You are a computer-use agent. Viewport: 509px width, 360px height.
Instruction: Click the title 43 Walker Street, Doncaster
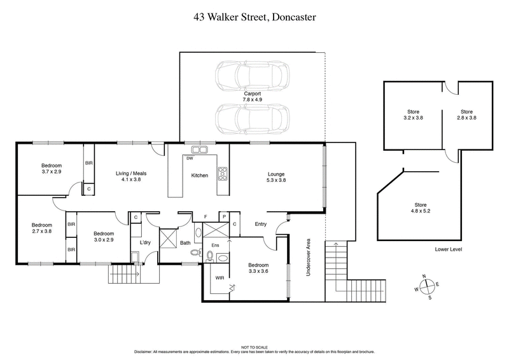[254, 18]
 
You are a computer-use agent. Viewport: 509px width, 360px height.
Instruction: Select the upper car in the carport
[251, 76]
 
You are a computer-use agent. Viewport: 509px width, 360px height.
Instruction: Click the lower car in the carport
[251, 118]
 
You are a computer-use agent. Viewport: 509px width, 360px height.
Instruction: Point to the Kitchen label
[200, 176]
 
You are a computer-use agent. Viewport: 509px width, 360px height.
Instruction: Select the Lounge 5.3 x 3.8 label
[276, 177]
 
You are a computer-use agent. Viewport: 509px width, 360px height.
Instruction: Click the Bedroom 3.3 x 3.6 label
[258, 268]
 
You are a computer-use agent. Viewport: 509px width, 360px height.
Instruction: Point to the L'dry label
[144, 242]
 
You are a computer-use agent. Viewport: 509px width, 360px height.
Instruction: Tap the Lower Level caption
[449, 250]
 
